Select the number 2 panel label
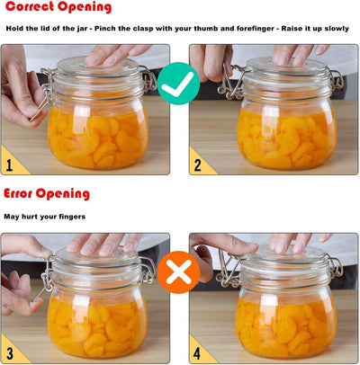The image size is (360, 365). point(199,165)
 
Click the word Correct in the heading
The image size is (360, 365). point(31,8)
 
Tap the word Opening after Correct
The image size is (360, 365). point(86,8)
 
